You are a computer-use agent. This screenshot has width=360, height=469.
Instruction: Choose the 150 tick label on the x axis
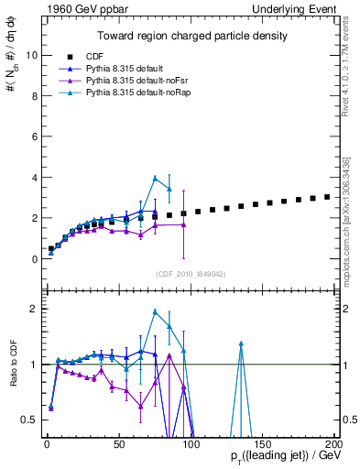pyautogui.click(x=262, y=445)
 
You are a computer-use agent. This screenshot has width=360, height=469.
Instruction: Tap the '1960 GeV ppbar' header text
pyautogui.click(x=76, y=8)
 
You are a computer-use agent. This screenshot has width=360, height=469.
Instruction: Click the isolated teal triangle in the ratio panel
pyautogui.click(x=241, y=344)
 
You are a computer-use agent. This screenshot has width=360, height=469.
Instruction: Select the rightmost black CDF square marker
pyautogui.click(x=327, y=197)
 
